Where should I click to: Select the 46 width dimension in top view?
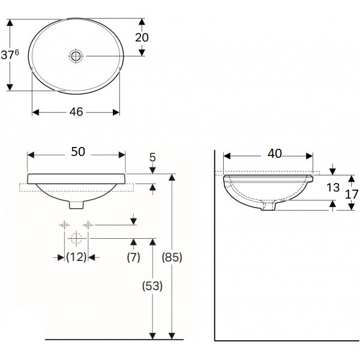pos(76,112)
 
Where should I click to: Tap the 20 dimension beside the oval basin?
pos(142,37)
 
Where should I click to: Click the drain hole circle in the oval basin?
pos(76,56)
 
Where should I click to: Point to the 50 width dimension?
pos(78,152)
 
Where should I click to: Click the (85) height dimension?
pos(172,257)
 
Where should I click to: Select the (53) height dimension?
pos(152,287)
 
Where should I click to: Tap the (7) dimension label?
pos(133,257)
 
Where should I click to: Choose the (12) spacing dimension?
pos(76,257)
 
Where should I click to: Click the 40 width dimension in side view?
pos(274,154)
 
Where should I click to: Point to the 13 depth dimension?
pos(334,187)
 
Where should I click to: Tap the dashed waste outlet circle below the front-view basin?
pos(76,238)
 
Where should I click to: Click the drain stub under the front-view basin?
pos(76,204)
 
